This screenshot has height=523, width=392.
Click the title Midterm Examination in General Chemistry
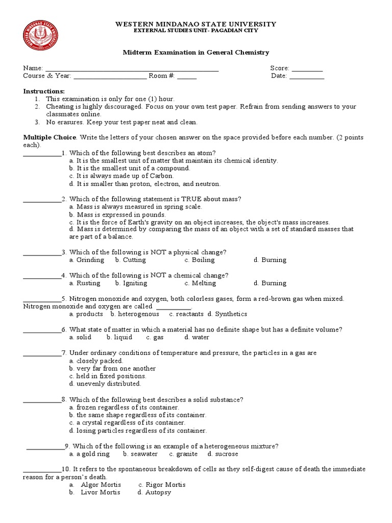(196, 53)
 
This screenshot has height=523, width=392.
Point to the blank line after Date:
(307, 77)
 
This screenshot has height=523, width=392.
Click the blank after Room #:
(187, 77)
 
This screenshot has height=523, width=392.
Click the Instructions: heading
(44, 91)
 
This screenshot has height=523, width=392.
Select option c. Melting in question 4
(200, 283)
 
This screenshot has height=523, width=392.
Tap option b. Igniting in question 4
(131, 283)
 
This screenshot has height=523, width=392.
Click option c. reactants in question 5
(186, 314)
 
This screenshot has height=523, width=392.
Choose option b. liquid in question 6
(119, 337)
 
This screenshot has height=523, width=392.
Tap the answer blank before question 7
(42, 353)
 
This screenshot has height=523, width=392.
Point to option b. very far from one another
(112, 368)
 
